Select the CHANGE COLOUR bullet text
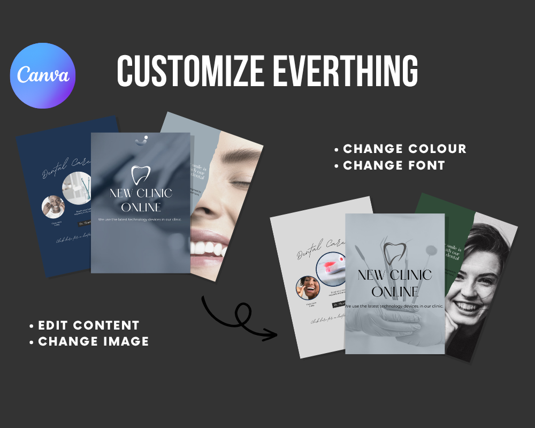coord(404,149)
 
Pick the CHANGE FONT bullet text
coord(394,165)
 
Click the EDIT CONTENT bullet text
coord(89,325)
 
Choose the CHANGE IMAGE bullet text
coord(94,341)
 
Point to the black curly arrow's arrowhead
coord(273,335)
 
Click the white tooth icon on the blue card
coord(140,175)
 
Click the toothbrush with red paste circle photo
coord(331,267)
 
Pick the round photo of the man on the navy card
coord(53,207)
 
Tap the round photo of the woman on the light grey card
coord(308,288)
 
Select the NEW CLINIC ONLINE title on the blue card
coord(140,200)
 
